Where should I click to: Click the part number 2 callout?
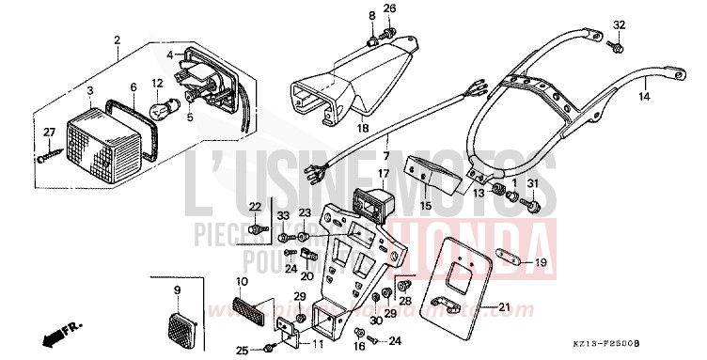tap(118, 40)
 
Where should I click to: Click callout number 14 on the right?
tap(645, 96)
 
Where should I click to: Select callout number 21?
tap(503, 306)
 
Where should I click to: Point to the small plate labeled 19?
tap(501, 260)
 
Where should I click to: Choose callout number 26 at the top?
tap(389, 8)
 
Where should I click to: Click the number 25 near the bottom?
tap(242, 351)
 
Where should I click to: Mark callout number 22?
tap(255, 206)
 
